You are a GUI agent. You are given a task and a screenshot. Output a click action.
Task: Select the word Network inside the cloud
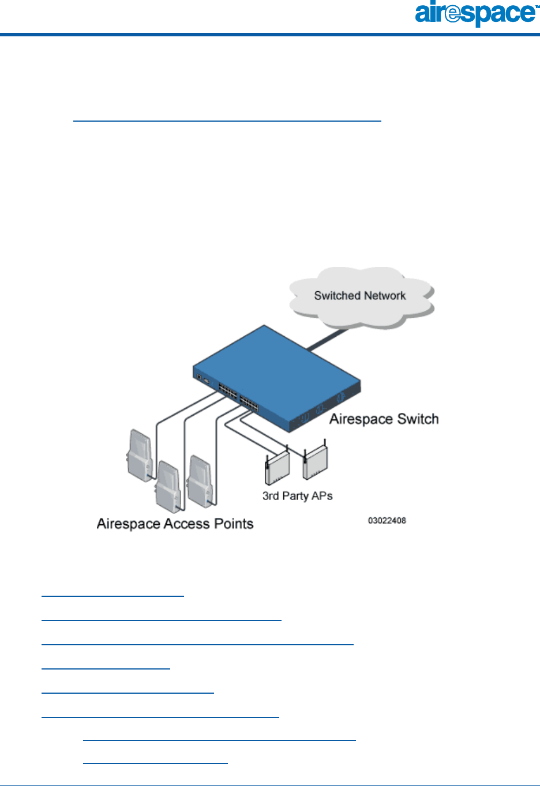click(x=384, y=296)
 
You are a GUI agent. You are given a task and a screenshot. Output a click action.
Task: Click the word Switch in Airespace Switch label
click(x=418, y=419)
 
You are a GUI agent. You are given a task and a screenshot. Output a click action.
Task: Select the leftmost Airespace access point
click(x=140, y=452)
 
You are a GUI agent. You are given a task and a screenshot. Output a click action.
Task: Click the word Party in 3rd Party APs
click(x=296, y=496)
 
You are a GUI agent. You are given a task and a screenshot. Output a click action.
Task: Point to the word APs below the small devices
click(x=322, y=496)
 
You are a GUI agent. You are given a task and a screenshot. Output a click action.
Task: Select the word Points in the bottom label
click(x=234, y=524)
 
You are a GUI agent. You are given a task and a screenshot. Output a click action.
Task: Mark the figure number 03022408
click(x=387, y=521)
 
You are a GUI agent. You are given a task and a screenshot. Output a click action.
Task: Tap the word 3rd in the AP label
click(x=271, y=496)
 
